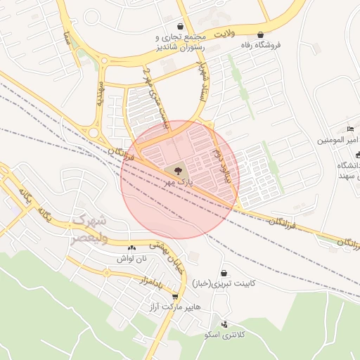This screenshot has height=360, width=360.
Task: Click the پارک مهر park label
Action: (178, 181)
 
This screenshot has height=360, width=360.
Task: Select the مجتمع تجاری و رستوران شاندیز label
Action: (182, 41)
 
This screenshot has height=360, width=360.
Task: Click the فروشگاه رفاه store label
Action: (261, 44)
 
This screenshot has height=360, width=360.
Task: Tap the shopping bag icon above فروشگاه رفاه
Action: (261, 34)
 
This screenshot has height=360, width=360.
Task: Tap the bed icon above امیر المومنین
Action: (350, 129)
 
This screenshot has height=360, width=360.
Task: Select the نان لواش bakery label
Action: (132, 258)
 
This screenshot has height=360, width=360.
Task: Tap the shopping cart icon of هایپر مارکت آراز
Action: (174, 296)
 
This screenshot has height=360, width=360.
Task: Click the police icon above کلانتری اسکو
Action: (224, 324)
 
